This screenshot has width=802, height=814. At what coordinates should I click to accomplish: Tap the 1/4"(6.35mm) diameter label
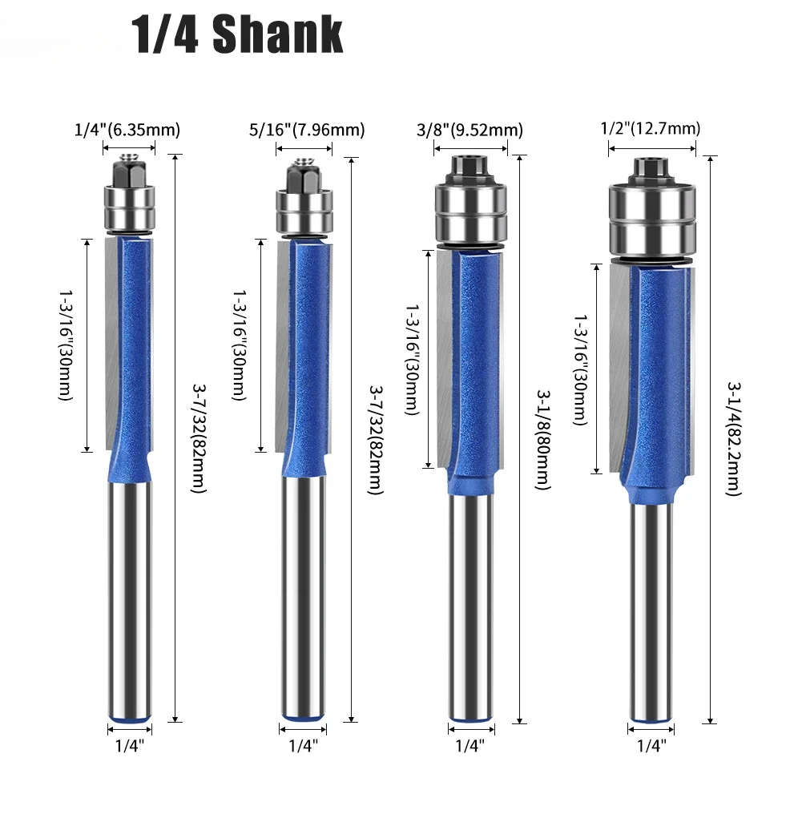click(127, 129)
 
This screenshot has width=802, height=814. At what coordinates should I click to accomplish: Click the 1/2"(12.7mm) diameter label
click(651, 128)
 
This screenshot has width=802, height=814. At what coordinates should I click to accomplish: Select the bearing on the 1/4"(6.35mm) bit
click(128, 205)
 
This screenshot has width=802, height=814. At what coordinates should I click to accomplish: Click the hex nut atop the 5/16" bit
click(303, 171)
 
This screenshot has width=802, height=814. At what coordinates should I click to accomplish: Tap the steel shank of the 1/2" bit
click(651, 609)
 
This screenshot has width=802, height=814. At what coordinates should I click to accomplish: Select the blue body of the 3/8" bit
click(473, 361)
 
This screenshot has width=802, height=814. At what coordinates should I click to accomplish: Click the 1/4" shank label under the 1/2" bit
click(651, 745)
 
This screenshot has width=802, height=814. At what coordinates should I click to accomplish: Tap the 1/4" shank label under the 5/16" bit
click(303, 745)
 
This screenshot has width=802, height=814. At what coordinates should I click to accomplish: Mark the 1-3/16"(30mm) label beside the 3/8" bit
click(411, 360)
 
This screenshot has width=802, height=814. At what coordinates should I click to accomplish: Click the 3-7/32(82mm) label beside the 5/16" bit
click(374, 439)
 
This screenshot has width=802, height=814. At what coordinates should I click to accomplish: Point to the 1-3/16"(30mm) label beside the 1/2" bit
click(581, 369)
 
